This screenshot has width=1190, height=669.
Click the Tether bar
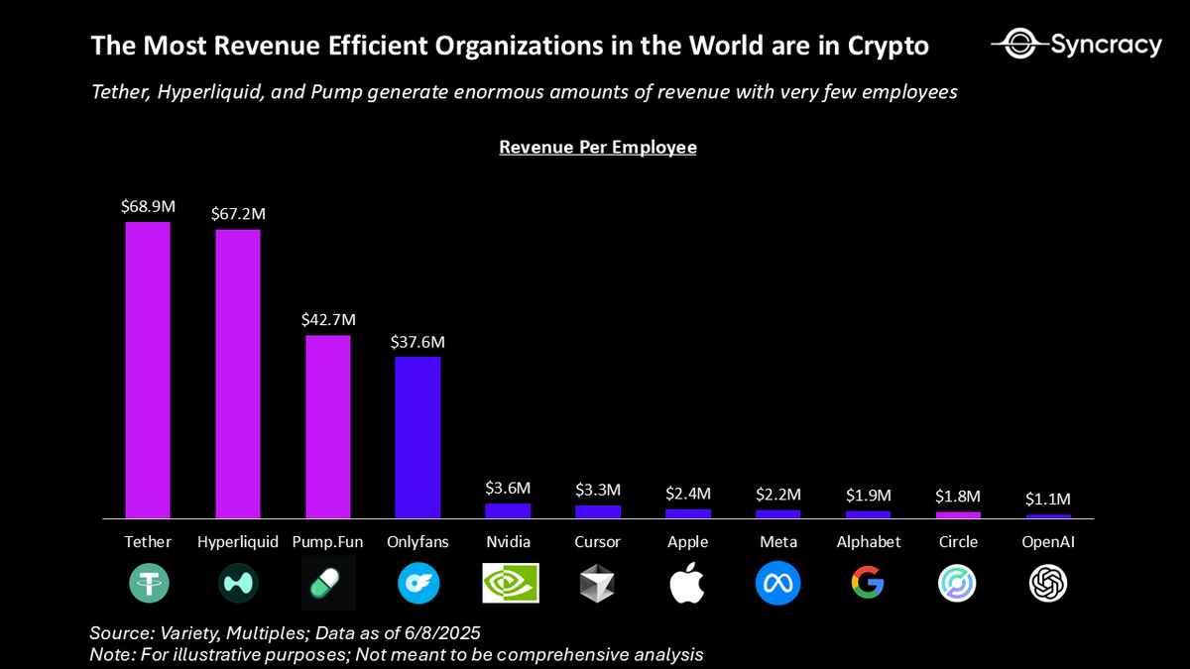tap(147, 369)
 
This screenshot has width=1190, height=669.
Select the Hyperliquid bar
tap(238, 373)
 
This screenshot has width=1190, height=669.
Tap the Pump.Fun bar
tap(327, 426)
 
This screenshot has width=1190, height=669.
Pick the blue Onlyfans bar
tap(417, 436)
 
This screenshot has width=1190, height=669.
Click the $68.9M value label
tap(147, 206)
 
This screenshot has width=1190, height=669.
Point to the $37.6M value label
tap(417, 342)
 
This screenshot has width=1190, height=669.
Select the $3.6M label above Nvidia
tap(508, 488)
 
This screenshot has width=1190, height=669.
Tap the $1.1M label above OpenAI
tap(1048, 499)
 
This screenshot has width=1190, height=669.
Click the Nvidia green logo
tap(510, 584)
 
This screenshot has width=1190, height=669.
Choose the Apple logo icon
tap(687, 583)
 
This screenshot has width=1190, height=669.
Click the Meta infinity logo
tap(777, 584)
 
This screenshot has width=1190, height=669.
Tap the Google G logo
tap(868, 584)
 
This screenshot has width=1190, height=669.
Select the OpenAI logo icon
tap(1048, 584)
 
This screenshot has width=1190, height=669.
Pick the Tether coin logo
tap(148, 584)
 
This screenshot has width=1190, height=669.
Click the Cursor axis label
tap(598, 542)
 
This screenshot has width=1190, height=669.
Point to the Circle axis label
tap(958, 542)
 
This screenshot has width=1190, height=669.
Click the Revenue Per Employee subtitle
tap(597, 148)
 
